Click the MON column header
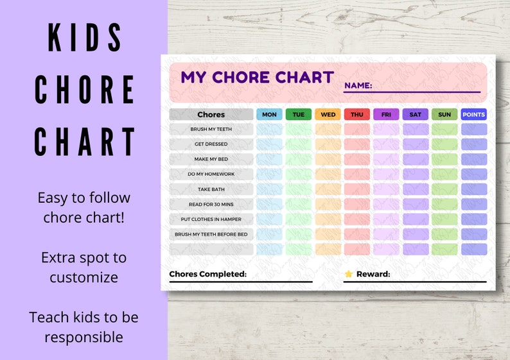point(269,114)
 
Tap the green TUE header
point(299,114)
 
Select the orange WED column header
point(328,114)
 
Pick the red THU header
point(357,114)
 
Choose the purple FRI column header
point(386,114)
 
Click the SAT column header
point(415,114)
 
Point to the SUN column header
point(444,114)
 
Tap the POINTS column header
point(474,114)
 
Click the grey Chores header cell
point(211,114)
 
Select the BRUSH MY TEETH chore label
point(211,129)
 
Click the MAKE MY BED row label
point(211,159)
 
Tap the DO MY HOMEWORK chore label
point(211,174)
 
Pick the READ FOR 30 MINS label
point(211,204)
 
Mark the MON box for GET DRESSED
point(269,144)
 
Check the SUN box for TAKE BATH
point(444,189)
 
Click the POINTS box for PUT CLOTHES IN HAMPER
point(474,219)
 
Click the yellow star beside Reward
point(349,274)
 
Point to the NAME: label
point(358,85)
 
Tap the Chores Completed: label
point(207,274)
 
